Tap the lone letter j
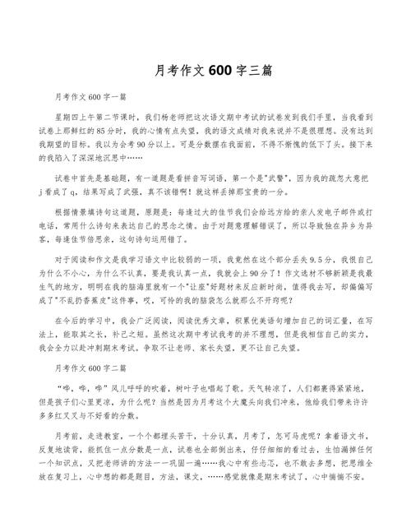tap(50, 193)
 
